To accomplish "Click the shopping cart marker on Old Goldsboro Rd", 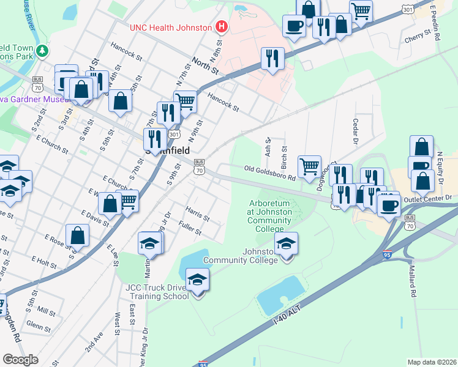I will (310, 166).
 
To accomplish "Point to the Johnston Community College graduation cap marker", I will (286, 244).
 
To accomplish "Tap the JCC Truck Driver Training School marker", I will (197, 281).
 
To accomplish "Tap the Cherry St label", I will (418, 39).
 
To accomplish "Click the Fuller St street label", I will (190, 229).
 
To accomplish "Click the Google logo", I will (21, 360).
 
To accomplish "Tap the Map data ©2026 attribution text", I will (432, 362).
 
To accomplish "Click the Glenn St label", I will (39, 327).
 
